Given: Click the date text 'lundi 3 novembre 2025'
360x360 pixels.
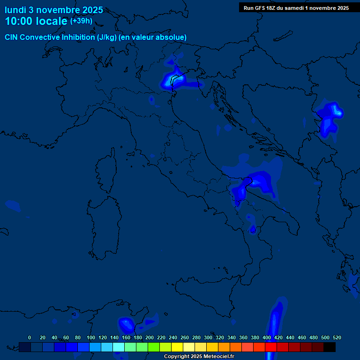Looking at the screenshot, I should (53, 10).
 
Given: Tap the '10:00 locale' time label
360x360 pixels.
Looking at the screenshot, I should (37, 21).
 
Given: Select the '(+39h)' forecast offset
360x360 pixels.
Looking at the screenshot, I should (81, 21).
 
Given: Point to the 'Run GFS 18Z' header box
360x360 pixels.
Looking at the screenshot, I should (296, 7).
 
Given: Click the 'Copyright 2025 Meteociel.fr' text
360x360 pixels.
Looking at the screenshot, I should (199, 357).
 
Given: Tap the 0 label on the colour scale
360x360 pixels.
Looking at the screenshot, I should (29, 337).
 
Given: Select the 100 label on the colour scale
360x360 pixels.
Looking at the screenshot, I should (90, 337).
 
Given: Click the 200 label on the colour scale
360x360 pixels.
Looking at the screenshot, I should (149, 337).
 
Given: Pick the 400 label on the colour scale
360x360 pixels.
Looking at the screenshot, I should (266, 337).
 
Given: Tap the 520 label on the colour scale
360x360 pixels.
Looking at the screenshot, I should (337, 337).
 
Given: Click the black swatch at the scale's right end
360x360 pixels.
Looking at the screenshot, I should (330, 347).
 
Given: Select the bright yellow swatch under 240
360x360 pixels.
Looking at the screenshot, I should (177, 347).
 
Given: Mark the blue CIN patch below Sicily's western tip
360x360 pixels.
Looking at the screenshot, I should (126, 324).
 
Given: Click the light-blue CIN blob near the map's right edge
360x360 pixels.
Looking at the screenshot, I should (331, 115).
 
